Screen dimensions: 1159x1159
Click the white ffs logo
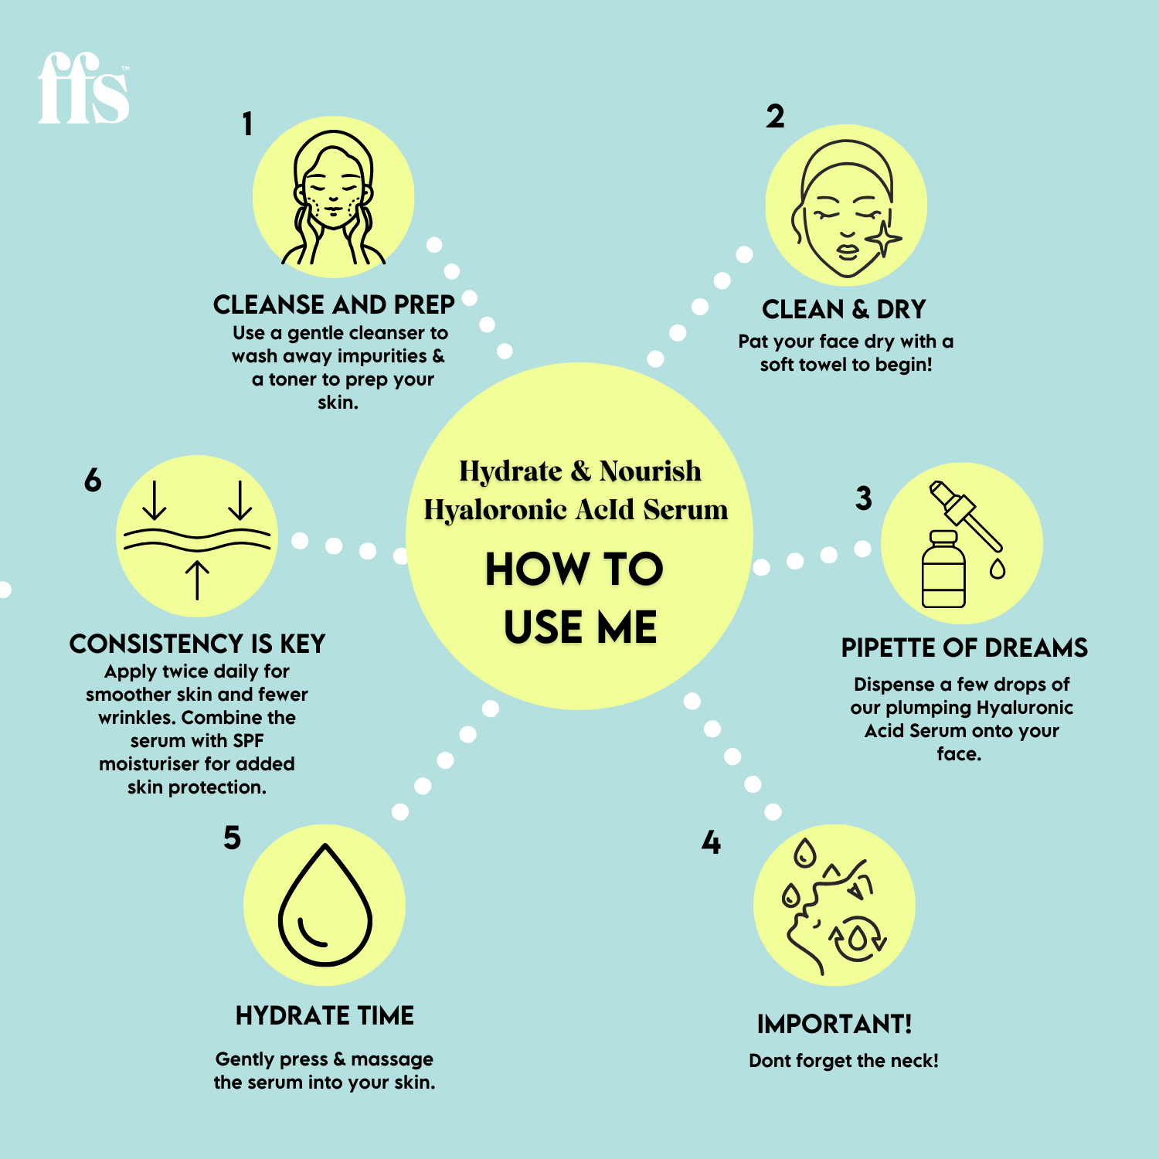coord(83,89)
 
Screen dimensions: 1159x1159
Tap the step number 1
coord(247,124)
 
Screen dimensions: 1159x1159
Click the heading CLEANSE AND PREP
coord(334,304)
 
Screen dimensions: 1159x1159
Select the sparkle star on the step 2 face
coord(884,238)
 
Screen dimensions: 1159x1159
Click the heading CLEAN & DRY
coord(844,309)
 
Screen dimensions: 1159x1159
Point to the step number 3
coord(863,498)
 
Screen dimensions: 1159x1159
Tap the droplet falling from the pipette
coord(998,569)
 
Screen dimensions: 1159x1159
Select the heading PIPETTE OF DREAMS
coord(964,647)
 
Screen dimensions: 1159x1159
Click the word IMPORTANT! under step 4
coord(834,1024)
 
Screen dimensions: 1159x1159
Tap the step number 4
coord(711,842)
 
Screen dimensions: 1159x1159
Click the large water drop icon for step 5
coord(325,905)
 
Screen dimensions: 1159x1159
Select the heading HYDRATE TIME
coord(325,1015)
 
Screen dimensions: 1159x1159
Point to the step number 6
coord(93,480)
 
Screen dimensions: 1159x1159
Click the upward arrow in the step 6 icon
coord(198,579)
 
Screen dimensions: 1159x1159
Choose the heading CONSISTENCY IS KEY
coord(197,644)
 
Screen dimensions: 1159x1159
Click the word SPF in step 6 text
coord(248,740)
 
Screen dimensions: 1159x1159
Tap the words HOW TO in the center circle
coord(574,569)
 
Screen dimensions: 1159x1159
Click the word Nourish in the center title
coord(650,471)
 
